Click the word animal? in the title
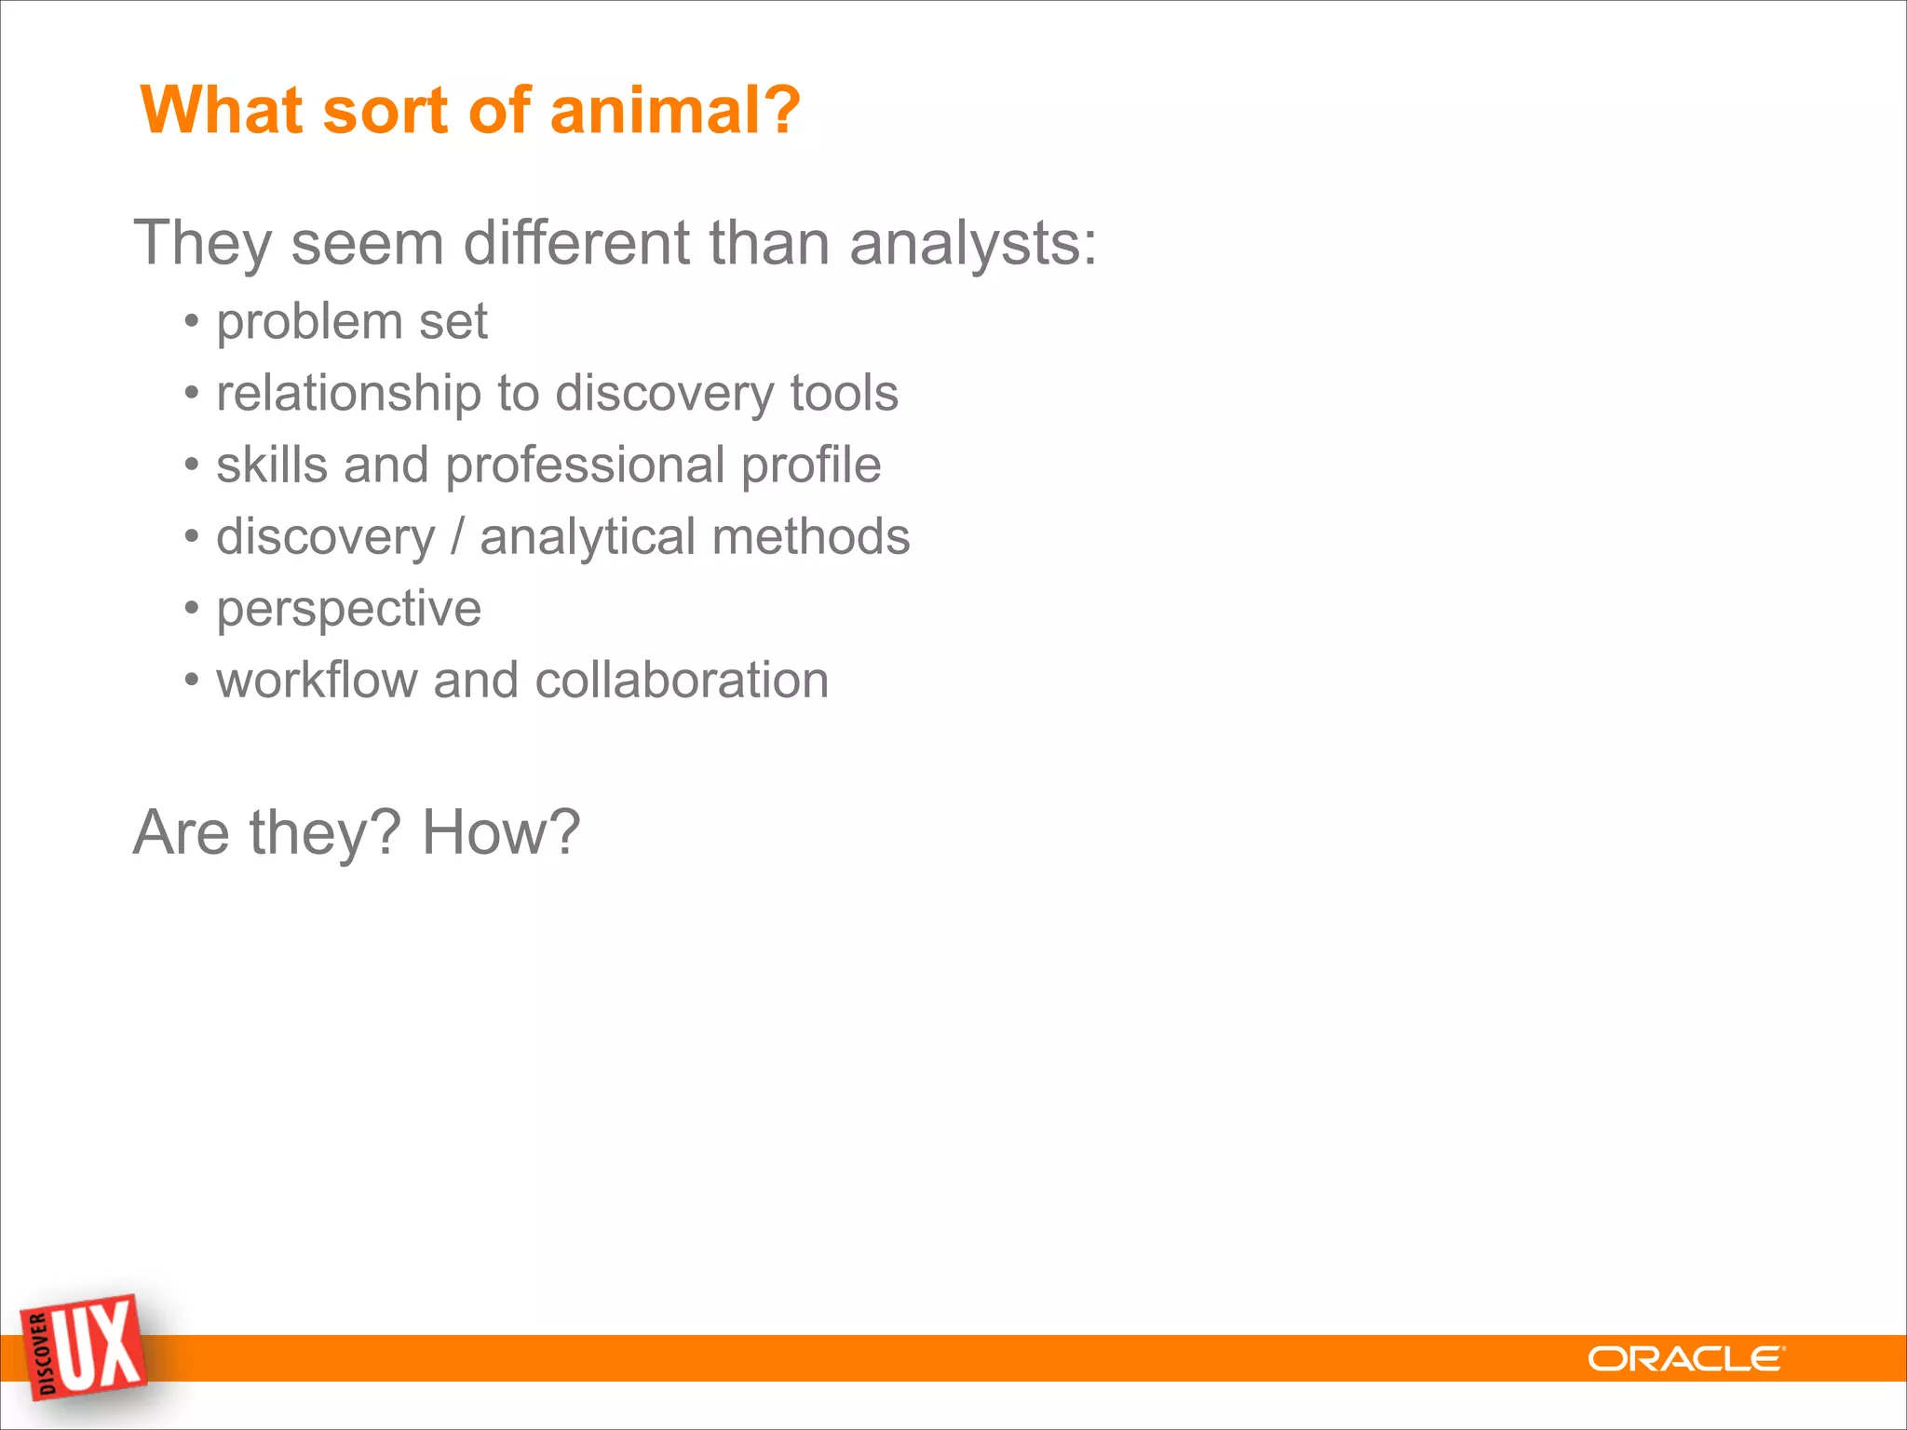(675, 110)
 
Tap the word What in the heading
(222, 110)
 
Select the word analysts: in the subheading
(973, 244)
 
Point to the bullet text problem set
(352, 322)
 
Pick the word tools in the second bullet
(844, 394)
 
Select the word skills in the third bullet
(271, 465)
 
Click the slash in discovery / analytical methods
(457, 537)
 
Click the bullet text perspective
(348, 610)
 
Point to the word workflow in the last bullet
(317, 681)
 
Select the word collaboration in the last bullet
(682, 681)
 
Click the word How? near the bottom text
(501, 832)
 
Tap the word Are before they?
(181, 832)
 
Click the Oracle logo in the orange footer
(1685, 1359)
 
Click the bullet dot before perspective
(192, 609)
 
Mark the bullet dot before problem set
(192, 322)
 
